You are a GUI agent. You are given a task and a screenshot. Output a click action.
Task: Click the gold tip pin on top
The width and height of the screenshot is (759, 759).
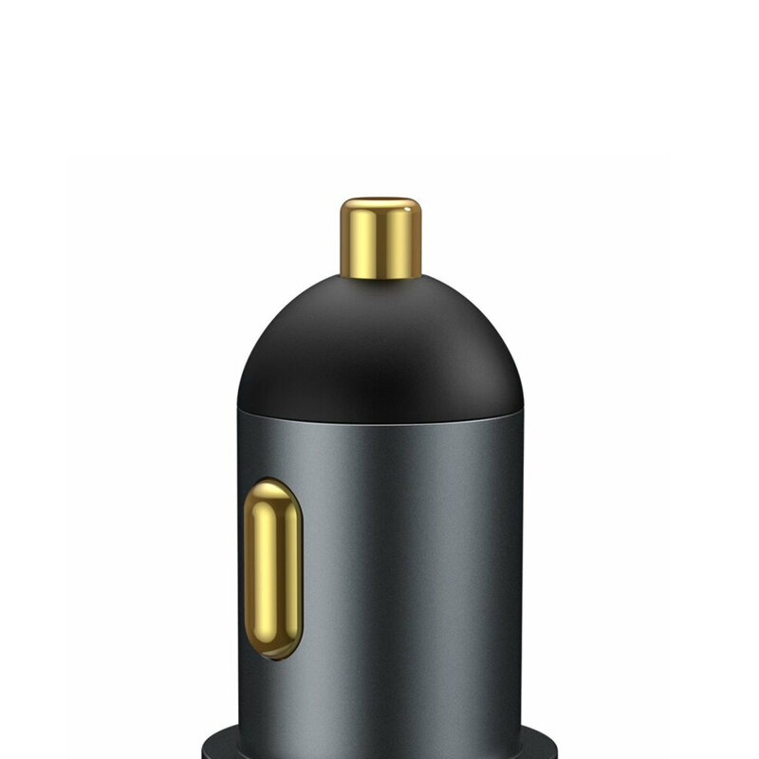tap(380, 239)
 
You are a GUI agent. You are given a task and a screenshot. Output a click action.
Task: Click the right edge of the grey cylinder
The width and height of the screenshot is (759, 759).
tap(520, 569)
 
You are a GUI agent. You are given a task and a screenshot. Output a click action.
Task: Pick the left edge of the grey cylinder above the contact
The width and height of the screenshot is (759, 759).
tap(240, 446)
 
